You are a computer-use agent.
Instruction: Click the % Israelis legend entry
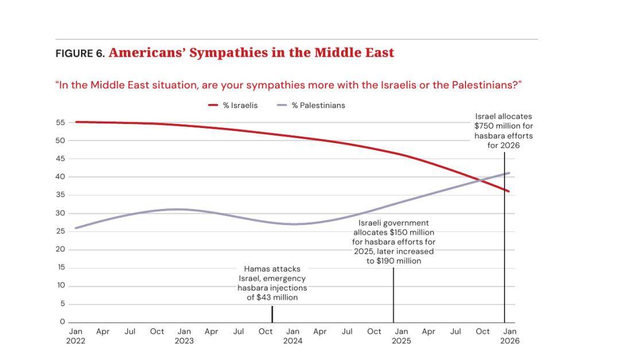[x=233, y=106]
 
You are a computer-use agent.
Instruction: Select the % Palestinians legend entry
[x=311, y=106]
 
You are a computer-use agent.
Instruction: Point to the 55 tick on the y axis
[x=60, y=123]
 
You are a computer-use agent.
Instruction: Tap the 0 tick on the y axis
[x=63, y=322]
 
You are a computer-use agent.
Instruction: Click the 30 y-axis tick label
[x=60, y=213]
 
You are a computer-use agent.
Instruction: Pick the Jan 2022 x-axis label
[x=76, y=336]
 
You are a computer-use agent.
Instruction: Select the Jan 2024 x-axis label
[x=293, y=336]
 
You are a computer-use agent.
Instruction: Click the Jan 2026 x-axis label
[x=510, y=336]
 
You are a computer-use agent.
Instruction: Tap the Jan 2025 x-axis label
[x=401, y=336]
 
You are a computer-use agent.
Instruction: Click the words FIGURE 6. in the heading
[x=80, y=53]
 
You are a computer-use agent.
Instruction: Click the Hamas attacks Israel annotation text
[x=272, y=283]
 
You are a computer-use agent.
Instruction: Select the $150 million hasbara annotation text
[x=394, y=242]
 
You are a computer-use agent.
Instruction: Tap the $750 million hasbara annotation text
[x=504, y=131]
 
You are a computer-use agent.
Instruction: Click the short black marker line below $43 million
[x=272, y=314]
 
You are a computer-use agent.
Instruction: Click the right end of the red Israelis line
[x=509, y=191]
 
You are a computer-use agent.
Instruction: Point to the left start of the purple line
[x=76, y=229]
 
